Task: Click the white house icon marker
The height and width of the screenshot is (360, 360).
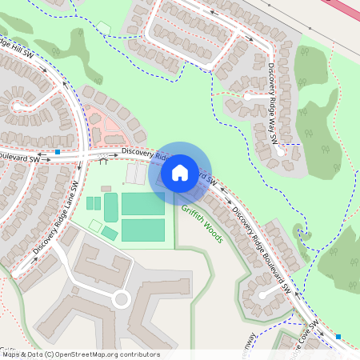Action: (x=180, y=172)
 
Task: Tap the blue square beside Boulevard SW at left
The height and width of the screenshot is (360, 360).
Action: (x=58, y=151)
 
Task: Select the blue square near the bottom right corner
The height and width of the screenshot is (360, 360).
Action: (x=338, y=337)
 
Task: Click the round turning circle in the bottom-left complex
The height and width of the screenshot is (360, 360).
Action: (x=121, y=300)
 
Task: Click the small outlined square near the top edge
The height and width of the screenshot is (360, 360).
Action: (x=103, y=29)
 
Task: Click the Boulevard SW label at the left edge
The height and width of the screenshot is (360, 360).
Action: (x=19, y=159)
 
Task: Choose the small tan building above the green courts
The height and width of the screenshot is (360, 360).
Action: (x=106, y=189)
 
